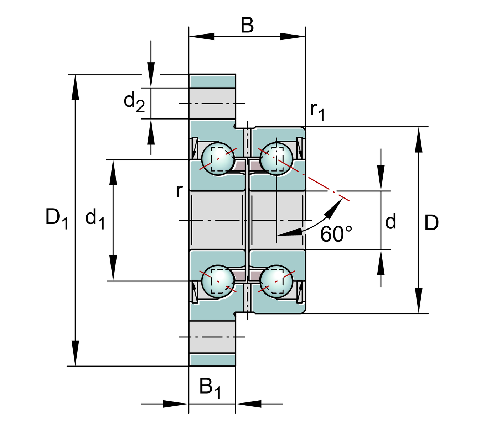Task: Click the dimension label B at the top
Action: pos(247,26)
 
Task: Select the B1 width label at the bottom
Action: pos(210,388)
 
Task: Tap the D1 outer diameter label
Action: pos(56,218)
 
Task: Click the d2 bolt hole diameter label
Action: pos(134,101)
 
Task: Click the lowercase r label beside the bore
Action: pos(179,191)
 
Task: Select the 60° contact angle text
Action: pos(336,234)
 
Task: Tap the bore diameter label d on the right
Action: pos(391,221)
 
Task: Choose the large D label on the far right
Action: pos(431,223)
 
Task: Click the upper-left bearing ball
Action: pos(218,159)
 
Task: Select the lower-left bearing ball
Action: pos(218,281)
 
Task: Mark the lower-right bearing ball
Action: pos(276,281)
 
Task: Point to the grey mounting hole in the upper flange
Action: pos(212,103)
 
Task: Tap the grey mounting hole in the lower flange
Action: pos(212,337)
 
